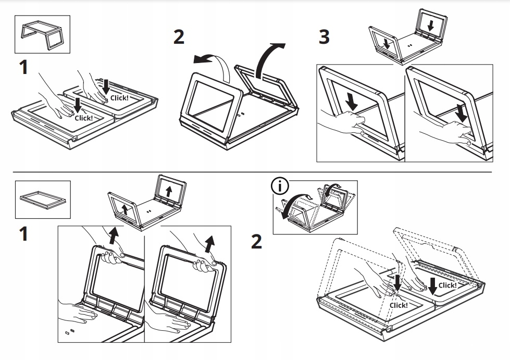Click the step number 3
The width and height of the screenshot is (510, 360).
pyautogui.click(x=324, y=38)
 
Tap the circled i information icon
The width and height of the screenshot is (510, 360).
pyautogui.click(x=280, y=186)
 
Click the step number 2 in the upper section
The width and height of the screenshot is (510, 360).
pyautogui.click(x=179, y=38)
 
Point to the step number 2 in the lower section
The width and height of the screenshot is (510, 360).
pyautogui.click(x=256, y=242)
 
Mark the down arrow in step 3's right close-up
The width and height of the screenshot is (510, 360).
pyautogui.click(x=461, y=110)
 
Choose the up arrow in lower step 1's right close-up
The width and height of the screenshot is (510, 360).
pyautogui.click(x=209, y=242)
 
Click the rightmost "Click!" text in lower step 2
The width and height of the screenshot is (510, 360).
pyautogui.click(x=447, y=285)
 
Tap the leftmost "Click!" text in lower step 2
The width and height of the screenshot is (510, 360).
pyautogui.click(x=399, y=305)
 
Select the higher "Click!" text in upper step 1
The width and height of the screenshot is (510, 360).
pyautogui.click(x=119, y=98)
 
